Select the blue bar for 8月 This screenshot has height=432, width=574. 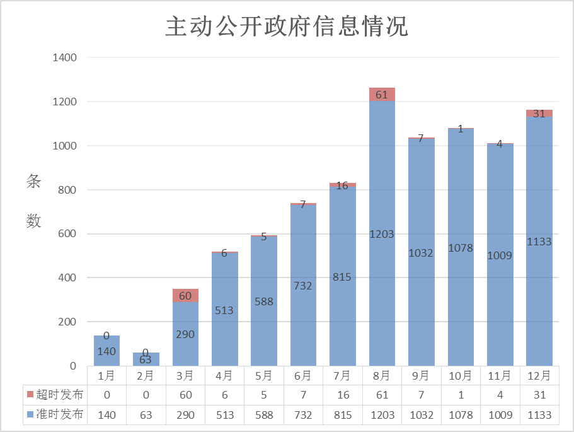(x=382, y=284)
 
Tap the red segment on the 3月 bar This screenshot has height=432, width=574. (x=185, y=296)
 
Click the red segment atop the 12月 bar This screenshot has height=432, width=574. (x=539, y=114)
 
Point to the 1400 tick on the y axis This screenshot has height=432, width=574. (x=64, y=58)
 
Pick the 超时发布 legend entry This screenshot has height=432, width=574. (x=55, y=395)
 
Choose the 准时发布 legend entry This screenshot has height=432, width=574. (x=55, y=415)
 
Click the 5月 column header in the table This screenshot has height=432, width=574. (x=264, y=376)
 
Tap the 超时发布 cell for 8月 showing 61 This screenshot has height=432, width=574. (x=382, y=395)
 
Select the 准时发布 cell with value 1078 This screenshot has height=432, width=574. (x=461, y=415)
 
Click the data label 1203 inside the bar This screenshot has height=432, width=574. (x=382, y=234)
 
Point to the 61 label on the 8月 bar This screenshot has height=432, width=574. (x=382, y=95)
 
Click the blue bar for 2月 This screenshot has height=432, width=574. (x=146, y=360)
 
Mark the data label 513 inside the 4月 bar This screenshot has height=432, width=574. (x=224, y=310)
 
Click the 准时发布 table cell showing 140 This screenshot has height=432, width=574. (x=106, y=415)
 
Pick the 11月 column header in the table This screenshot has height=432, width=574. (x=500, y=376)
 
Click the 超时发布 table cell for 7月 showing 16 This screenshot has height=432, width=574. (x=343, y=395)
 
